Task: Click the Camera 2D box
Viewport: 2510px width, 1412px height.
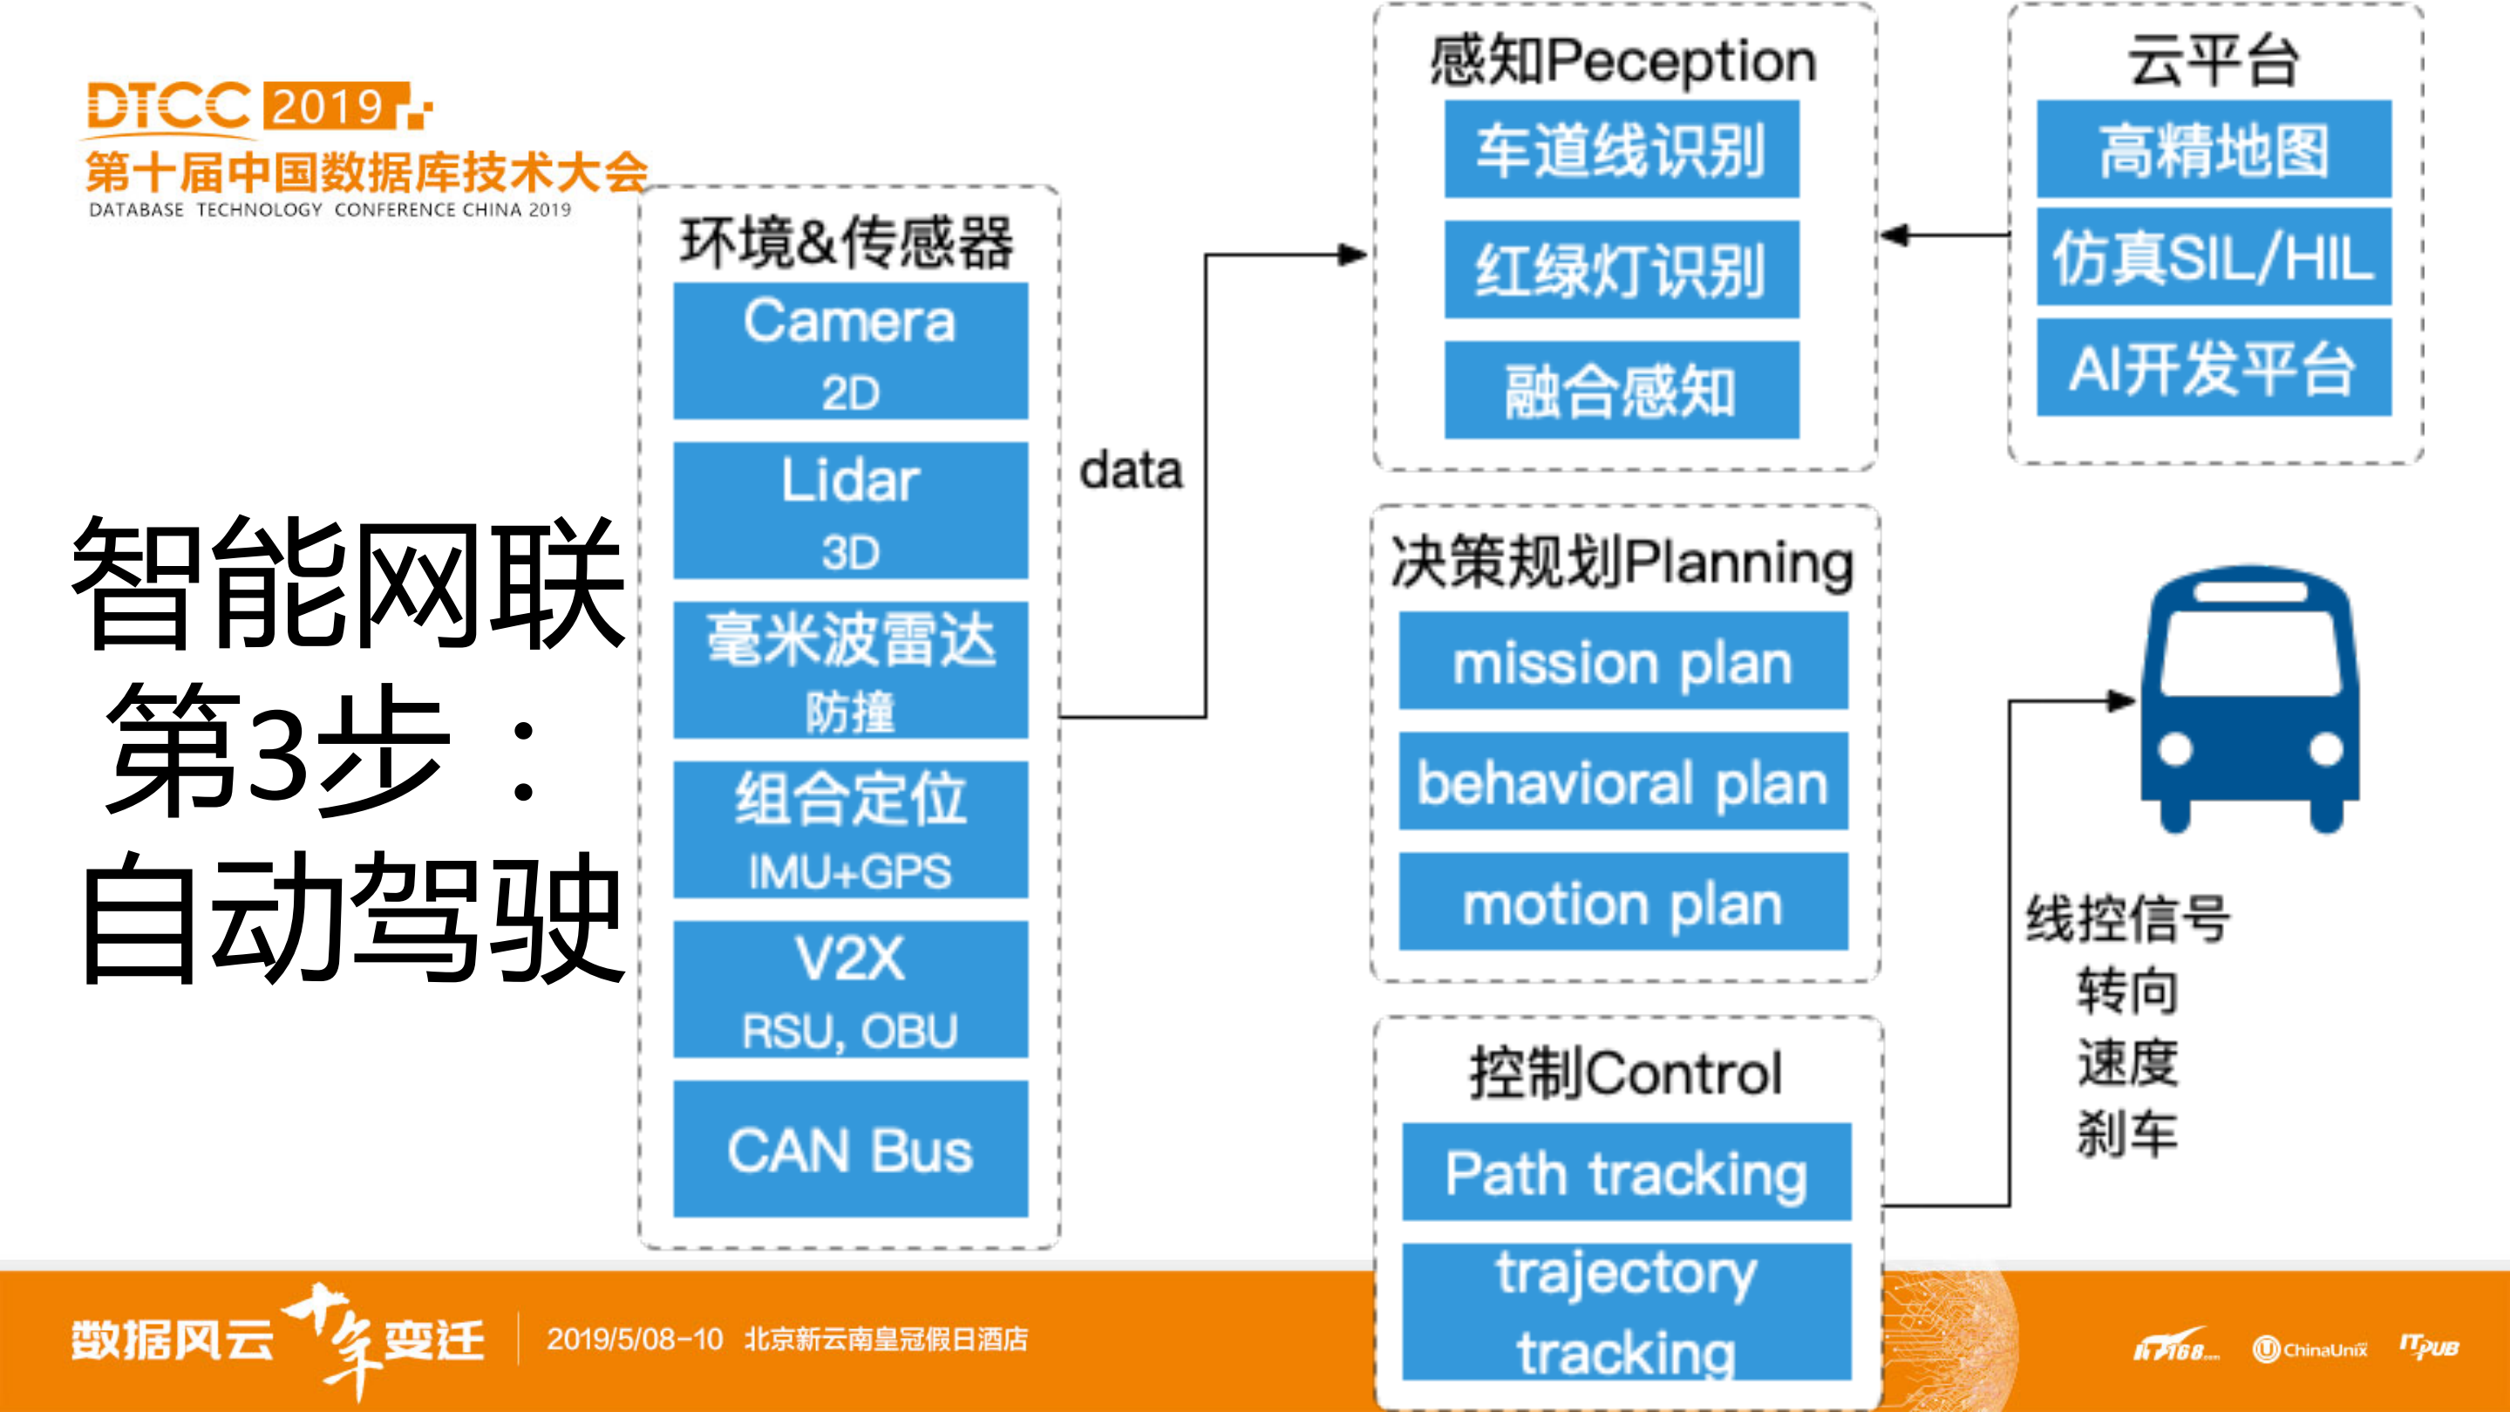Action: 850,351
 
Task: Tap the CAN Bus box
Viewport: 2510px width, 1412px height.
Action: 850,1149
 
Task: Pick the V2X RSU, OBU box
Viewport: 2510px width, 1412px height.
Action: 850,989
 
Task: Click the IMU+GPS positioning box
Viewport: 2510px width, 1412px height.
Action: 850,830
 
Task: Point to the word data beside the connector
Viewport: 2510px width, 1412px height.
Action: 1130,471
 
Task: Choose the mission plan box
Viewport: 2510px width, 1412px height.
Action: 1623,662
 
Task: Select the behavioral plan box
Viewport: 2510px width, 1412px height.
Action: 1623,782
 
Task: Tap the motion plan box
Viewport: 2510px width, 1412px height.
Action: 1623,903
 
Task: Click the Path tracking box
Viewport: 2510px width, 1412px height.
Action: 1625,1172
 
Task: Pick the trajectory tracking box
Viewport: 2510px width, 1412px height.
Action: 1625,1312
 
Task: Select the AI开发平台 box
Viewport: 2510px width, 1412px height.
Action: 2214,368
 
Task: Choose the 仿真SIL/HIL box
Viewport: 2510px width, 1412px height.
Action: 2214,257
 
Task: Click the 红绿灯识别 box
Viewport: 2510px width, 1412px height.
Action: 1622,269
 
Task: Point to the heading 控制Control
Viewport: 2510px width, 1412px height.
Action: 1625,1073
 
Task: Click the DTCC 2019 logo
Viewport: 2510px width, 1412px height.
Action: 259,106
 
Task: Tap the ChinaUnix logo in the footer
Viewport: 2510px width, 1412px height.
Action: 2309,1348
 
